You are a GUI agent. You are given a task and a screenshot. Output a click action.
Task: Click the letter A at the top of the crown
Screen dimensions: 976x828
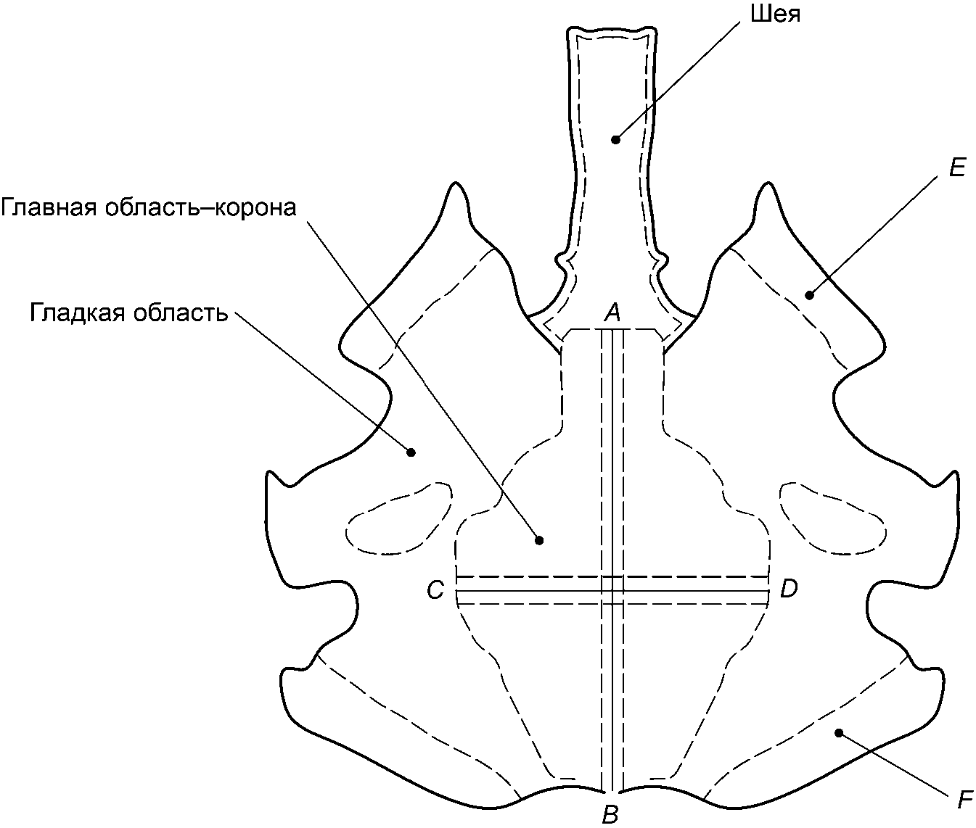612,312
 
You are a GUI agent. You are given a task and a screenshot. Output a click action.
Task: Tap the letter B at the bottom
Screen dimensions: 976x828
610,814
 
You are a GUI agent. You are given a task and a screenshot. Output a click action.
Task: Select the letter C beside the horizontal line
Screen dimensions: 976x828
435,590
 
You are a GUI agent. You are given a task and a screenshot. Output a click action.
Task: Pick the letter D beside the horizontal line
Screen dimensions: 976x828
789,589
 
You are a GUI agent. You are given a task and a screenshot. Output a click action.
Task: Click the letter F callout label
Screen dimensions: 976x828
964,800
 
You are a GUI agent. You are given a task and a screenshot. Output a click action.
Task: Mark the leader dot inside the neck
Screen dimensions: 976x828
615,138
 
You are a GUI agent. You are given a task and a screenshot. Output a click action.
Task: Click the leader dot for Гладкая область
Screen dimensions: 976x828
411,452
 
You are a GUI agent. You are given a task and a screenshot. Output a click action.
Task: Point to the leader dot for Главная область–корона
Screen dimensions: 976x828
538,539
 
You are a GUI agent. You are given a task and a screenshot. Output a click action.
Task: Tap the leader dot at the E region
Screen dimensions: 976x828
808,294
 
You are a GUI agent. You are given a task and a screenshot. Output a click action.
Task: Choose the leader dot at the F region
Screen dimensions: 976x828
839,733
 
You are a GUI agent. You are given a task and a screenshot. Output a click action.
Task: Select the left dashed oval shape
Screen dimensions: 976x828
399,518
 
